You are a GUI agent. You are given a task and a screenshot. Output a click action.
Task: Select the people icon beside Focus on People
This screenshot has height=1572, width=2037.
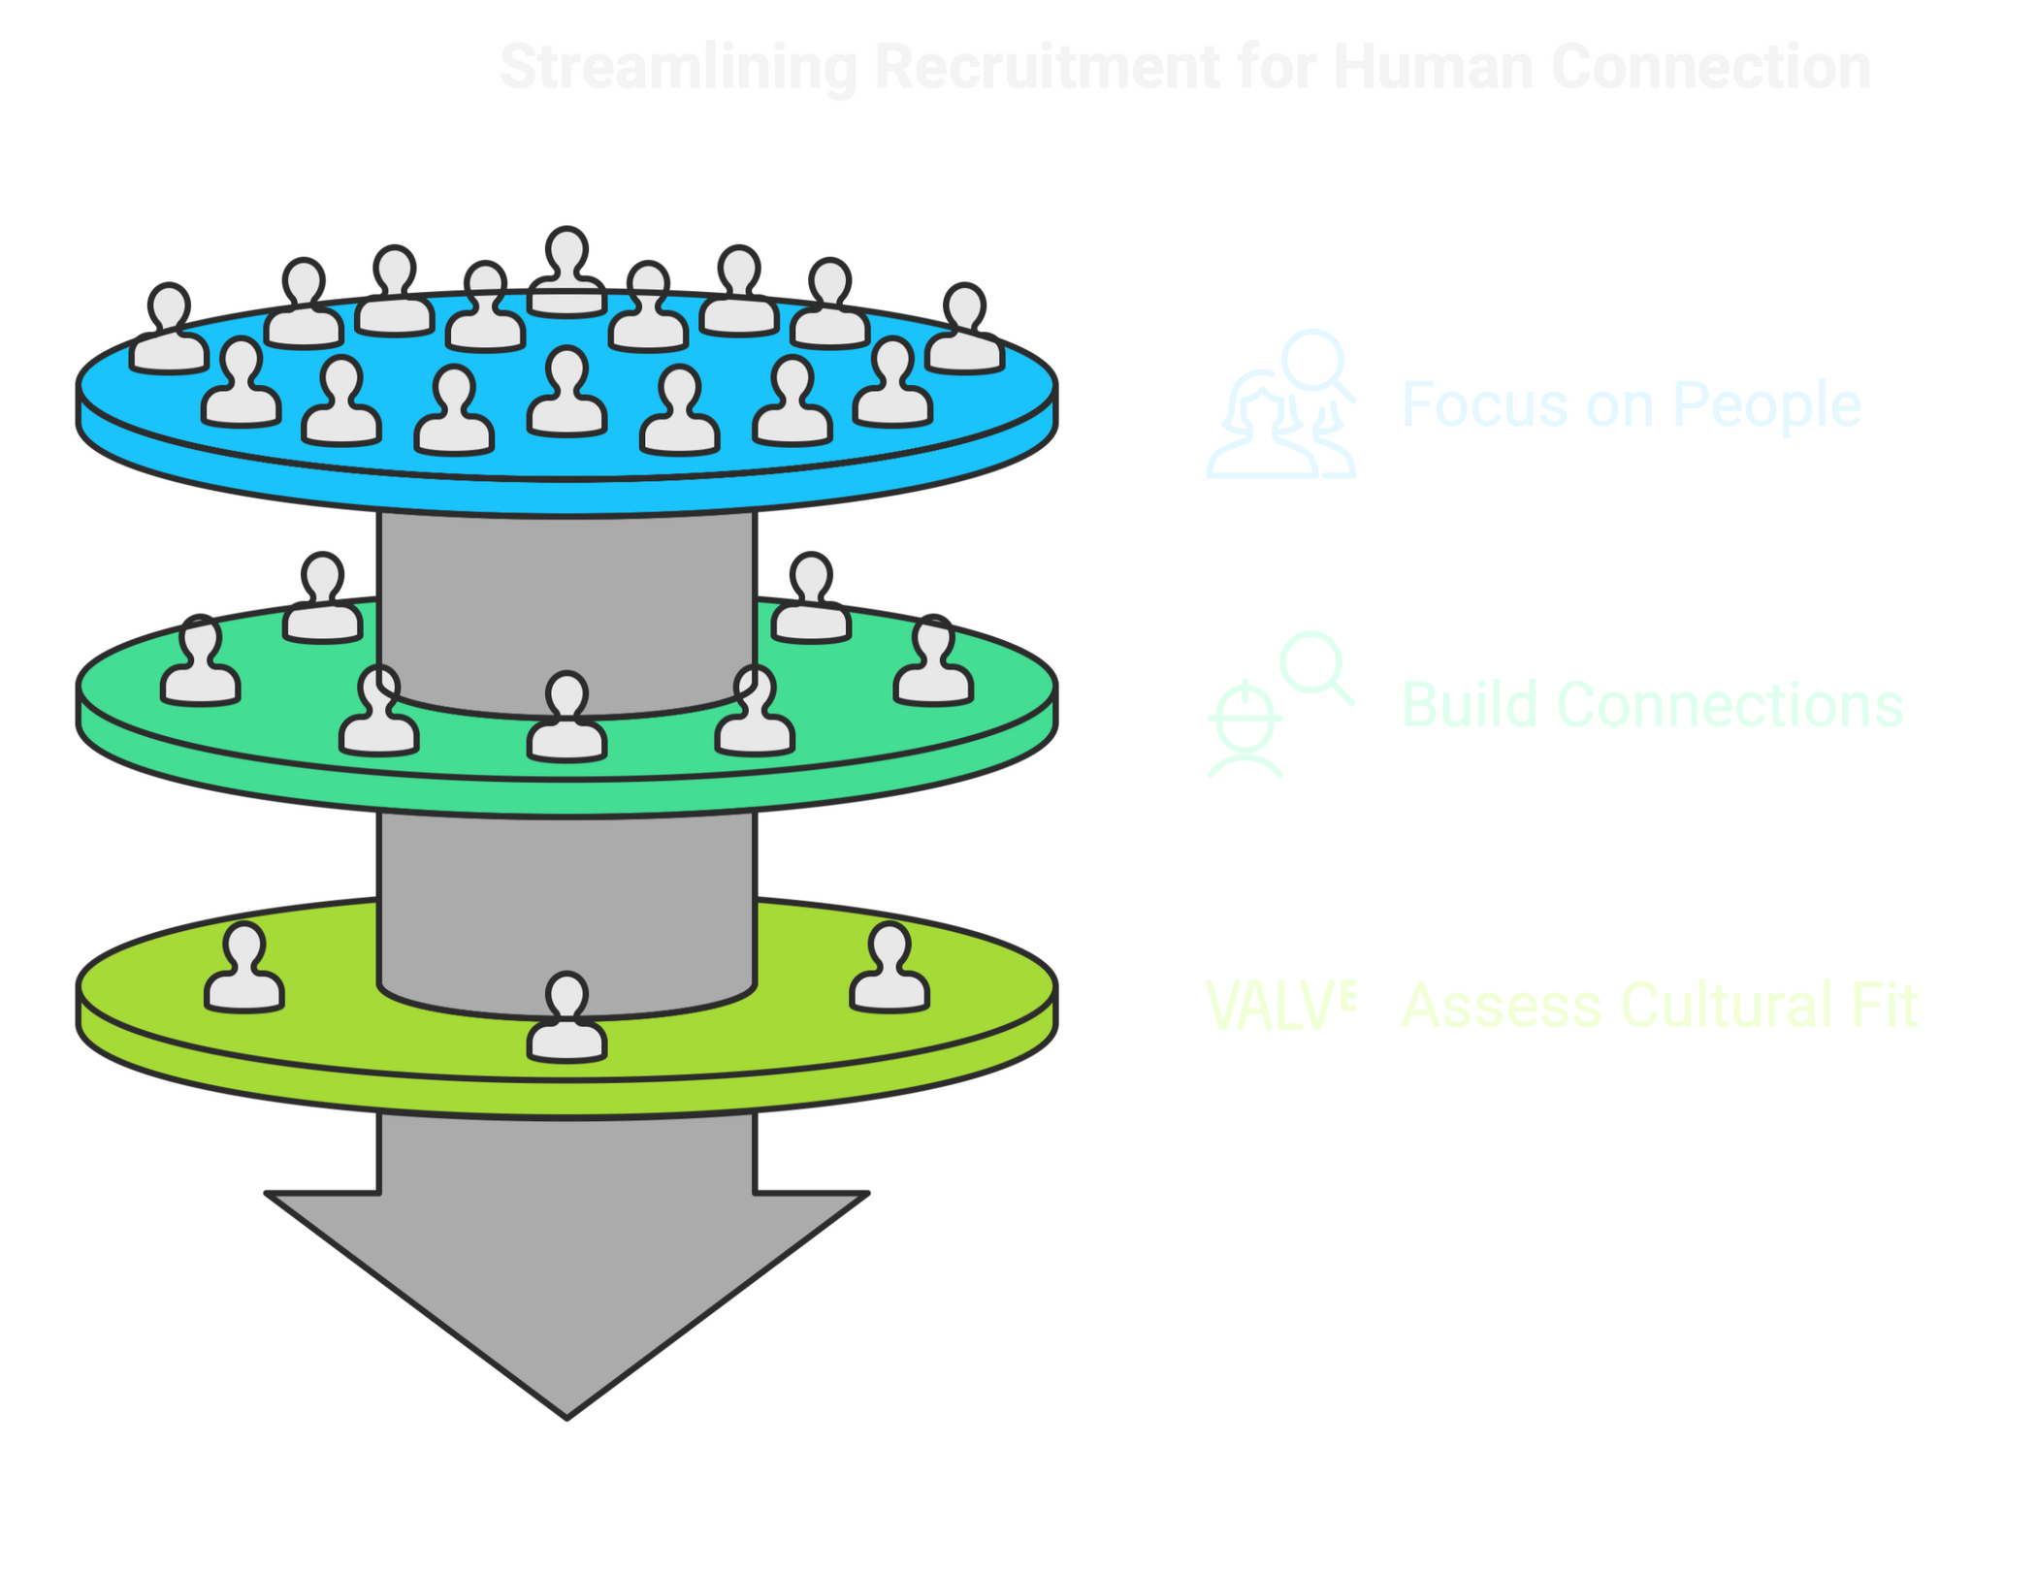tap(1280, 405)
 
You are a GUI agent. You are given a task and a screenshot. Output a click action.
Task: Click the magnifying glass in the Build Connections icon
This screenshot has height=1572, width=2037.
tap(1314, 664)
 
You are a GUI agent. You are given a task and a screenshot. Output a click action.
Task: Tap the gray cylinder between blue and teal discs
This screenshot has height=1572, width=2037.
tap(567, 601)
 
